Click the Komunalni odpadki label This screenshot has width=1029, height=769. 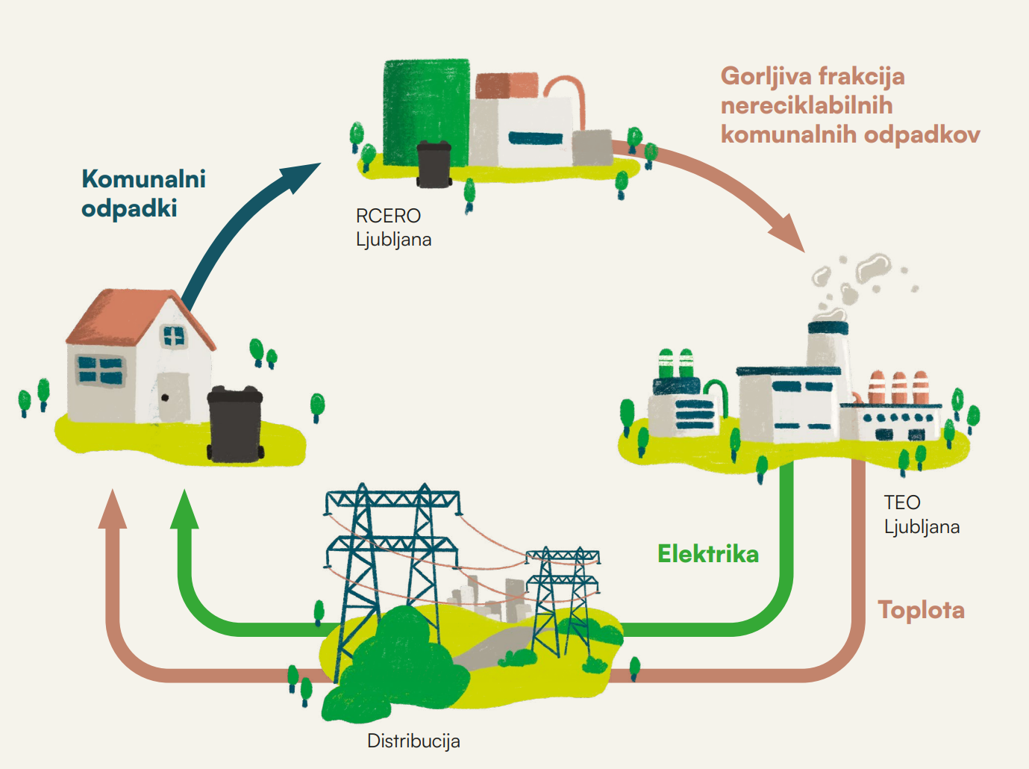143,193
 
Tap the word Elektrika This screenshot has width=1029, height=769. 707,554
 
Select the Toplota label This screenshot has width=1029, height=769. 921,610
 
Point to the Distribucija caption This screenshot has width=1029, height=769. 413,741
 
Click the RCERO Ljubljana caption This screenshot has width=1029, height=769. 393,228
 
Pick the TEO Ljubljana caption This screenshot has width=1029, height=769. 922,514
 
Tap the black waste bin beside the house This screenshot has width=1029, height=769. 235,423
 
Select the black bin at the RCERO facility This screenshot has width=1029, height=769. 434,164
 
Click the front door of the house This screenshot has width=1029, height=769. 174,396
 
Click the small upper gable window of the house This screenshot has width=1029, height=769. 174,337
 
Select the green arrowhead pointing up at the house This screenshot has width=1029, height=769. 185,511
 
